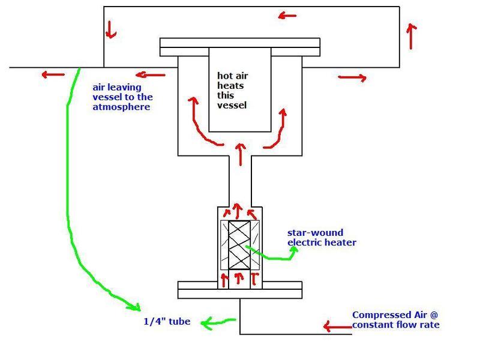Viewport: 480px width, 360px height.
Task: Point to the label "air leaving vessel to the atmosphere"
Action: [122, 97]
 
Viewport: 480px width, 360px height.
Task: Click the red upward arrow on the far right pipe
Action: [410, 36]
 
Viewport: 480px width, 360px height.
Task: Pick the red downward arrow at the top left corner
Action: [110, 28]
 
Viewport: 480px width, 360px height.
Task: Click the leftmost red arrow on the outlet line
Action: [53, 74]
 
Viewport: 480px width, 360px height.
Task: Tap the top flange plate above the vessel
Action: [239, 44]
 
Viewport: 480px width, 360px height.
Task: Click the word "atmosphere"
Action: [122, 107]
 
